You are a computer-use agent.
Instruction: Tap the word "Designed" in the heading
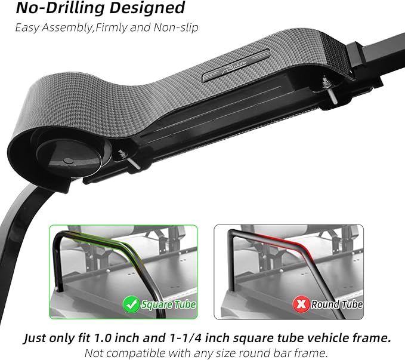click(147, 8)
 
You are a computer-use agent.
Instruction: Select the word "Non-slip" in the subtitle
click(176, 27)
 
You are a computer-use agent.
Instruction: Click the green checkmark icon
click(131, 304)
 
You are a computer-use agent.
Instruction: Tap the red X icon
click(301, 304)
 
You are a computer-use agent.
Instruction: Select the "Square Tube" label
click(168, 304)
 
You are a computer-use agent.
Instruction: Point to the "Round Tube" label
click(336, 304)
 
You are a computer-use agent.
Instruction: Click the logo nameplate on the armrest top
click(236, 65)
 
